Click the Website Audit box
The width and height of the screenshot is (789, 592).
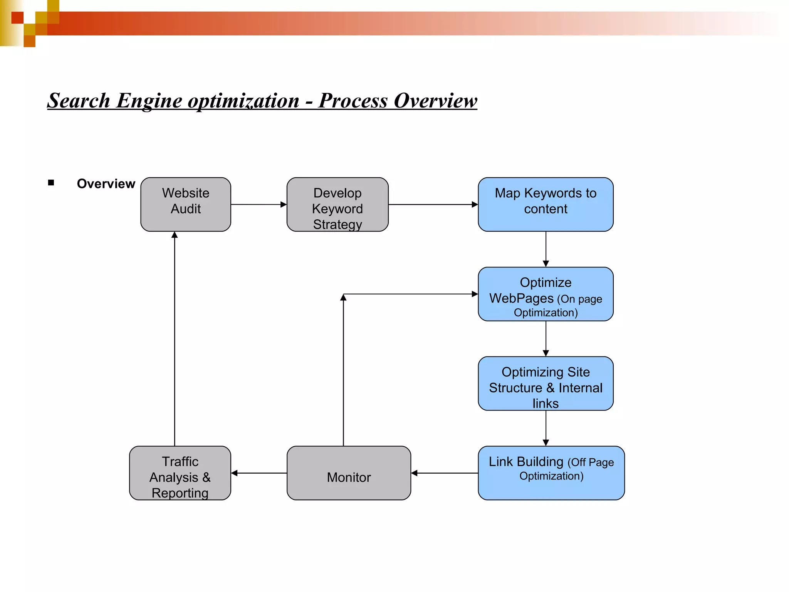[186, 204]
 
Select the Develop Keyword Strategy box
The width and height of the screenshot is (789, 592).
[337, 204]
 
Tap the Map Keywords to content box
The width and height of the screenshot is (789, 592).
[546, 204]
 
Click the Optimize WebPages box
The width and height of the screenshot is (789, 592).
[546, 294]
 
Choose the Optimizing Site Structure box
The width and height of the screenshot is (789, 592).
[546, 383]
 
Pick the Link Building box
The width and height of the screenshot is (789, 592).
[551, 473]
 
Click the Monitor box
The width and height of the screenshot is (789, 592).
[349, 473]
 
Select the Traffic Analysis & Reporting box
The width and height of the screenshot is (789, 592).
[180, 473]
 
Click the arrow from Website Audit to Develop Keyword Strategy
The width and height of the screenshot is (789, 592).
[259, 204]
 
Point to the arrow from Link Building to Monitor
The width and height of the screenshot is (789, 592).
[445, 473]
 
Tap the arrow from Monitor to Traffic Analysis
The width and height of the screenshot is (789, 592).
[259, 473]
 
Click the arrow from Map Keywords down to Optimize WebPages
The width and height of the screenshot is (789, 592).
[546, 249]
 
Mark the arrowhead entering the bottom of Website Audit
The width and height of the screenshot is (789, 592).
[175, 235]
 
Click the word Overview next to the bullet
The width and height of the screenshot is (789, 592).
[106, 184]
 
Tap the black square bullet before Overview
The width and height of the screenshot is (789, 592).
[51, 183]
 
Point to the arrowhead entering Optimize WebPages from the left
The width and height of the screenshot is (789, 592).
[475, 294]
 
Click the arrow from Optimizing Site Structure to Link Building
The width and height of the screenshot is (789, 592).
[546, 428]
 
